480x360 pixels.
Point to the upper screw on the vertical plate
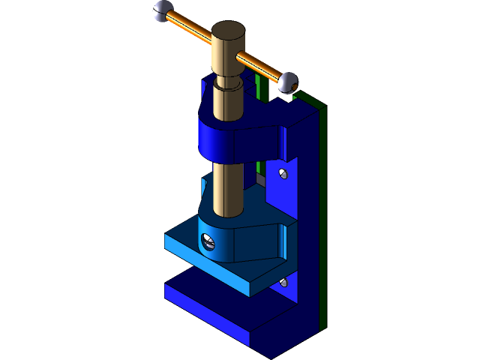tap(283, 174)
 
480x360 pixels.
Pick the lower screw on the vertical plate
tap(283, 282)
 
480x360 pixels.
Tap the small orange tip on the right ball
tap(295, 88)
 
